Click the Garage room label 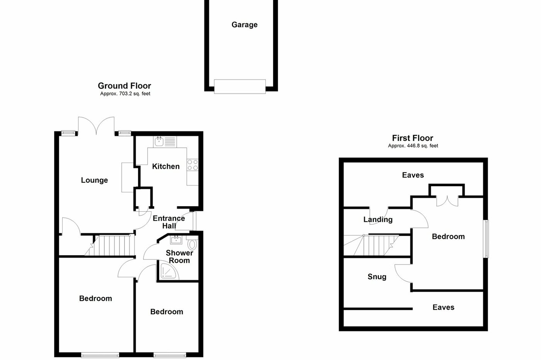coord(244,25)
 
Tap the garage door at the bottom coord(240,86)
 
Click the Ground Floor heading coord(124,86)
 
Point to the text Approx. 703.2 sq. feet coord(125,94)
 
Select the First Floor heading coord(412,138)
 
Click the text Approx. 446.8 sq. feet coord(413,146)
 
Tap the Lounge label coord(94,180)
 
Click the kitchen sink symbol coord(159,142)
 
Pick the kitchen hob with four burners coord(192,165)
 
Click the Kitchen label coord(166,166)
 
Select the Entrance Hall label coord(169,222)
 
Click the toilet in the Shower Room coord(192,244)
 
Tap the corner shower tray coord(168,272)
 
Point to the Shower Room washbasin coord(176,240)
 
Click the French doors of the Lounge coord(96,126)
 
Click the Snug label coord(377,277)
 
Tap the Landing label coord(378,219)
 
